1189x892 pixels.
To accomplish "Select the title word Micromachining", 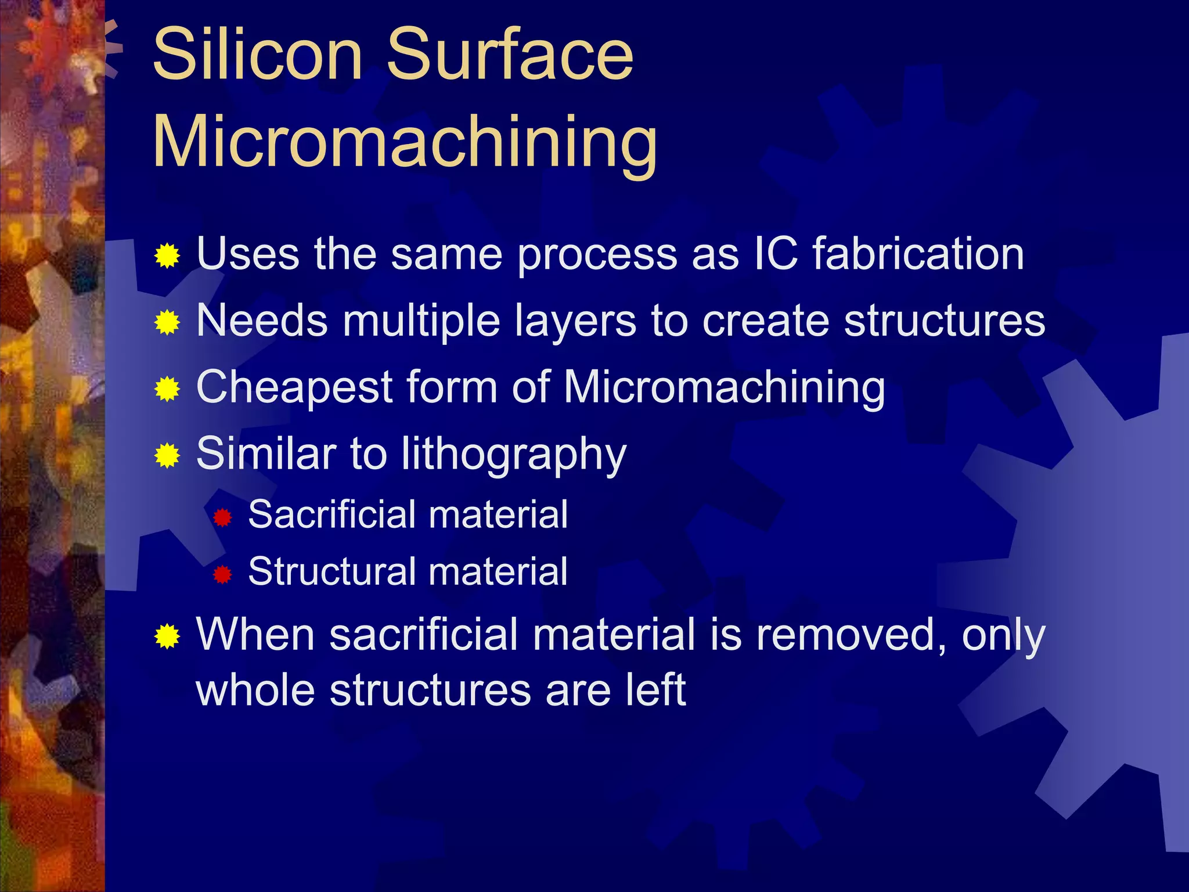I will tap(405, 142).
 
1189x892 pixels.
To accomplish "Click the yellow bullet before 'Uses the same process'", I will tap(167, 256).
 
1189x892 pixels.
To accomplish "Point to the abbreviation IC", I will tap(774, 254).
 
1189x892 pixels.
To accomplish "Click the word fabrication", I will tap(918, 254).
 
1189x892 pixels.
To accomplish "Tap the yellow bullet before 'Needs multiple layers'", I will tap(167, 322).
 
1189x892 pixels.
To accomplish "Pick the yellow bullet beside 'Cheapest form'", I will tap(167, 389).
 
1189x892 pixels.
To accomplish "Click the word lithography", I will tap(514, 454).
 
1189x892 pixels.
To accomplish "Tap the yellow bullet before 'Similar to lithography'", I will tap(167, 456).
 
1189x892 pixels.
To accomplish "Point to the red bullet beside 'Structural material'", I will tap(222, 574).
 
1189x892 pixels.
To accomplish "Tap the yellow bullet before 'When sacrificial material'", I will tap(167, 637).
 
